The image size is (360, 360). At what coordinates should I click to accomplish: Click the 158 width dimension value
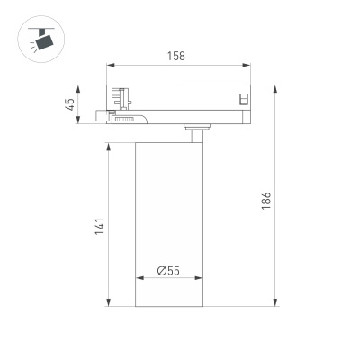(176, 56)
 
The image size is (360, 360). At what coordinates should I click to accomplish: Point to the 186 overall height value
(267, 200)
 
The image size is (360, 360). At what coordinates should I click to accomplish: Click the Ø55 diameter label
(167, 270)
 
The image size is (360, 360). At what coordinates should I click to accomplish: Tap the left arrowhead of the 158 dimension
(110, 66)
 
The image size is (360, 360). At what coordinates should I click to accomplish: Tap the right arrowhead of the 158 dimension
(248, 66)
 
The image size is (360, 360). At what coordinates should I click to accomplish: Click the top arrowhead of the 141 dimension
(109, 144)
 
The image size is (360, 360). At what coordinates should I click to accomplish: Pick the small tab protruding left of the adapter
(100, 116)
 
